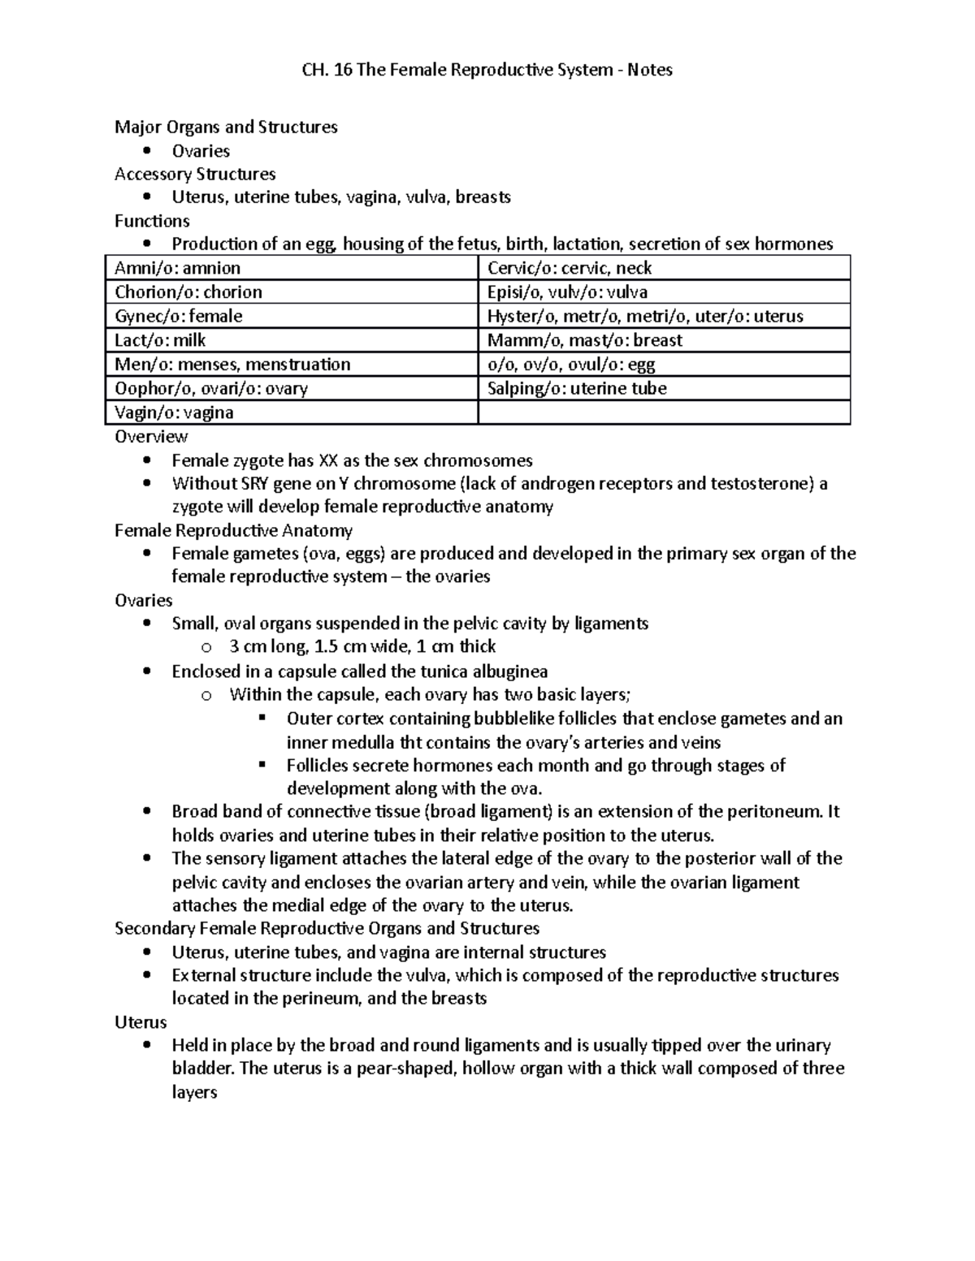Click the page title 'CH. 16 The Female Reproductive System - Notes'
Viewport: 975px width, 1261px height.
click(x=487, y=70)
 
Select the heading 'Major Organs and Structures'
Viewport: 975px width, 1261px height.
click(x=226, y=127)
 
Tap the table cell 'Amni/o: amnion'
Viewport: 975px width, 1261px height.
click(x=178, y=268)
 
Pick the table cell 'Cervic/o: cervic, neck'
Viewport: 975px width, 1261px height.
click(x=570, y=268)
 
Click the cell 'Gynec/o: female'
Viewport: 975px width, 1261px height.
click(x=179, y=316)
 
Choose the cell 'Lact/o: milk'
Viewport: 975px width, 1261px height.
click(x=160, y=340)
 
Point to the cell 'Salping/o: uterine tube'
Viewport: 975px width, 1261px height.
click(x=577, y=388)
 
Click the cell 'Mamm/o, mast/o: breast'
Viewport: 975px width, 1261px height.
click(x=584, y=340)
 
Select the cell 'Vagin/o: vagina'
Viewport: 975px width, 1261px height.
click(x=174, y=412)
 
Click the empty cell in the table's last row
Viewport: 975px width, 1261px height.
click(x=664, y=412)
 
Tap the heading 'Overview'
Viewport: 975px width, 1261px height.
click(x=151, y=436)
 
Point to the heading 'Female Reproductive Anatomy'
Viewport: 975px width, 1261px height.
click(x=233, y=531)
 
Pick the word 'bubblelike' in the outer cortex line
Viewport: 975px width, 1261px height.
click(x=518, y=719)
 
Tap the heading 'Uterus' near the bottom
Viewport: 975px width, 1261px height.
click(x=141, y=1022)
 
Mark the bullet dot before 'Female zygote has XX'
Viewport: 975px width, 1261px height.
click(x=146, y=460)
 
